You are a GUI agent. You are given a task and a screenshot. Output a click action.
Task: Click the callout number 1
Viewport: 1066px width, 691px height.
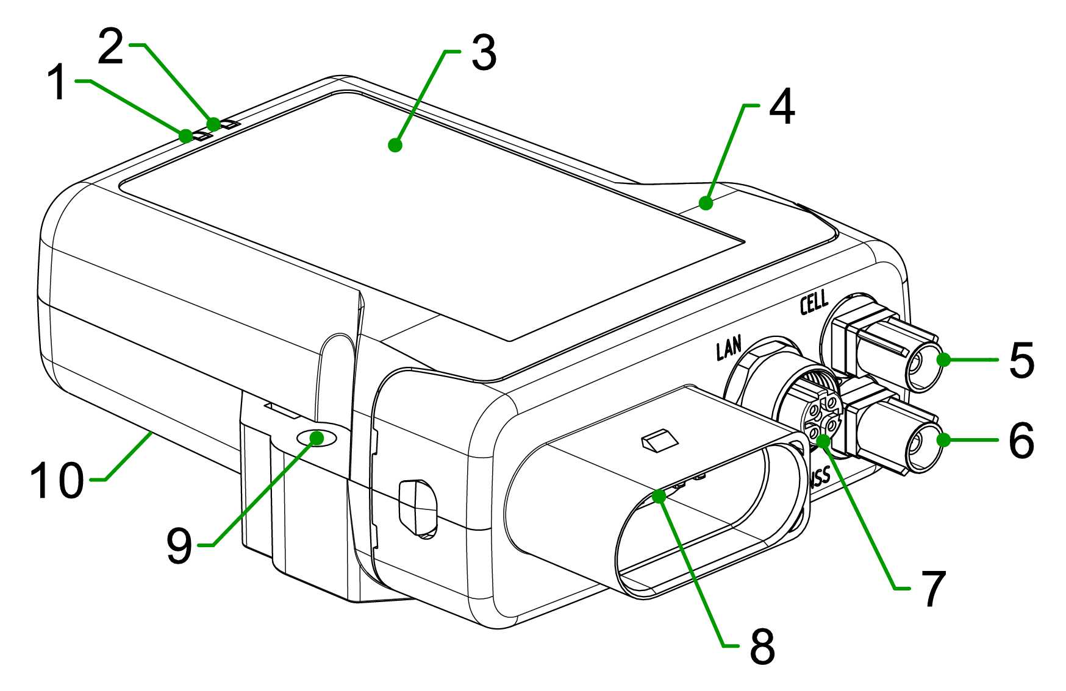[59, 83]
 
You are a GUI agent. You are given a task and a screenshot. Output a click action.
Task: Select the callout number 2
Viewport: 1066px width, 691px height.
[111, 48]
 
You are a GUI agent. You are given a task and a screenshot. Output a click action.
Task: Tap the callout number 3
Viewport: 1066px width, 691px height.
[484, 54]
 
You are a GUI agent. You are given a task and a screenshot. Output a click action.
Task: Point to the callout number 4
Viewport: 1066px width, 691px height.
[782, 107]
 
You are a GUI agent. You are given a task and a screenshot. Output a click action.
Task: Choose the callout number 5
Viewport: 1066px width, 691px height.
[1022, 361]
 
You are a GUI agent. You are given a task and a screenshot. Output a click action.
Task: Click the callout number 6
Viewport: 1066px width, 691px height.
[1022, 440]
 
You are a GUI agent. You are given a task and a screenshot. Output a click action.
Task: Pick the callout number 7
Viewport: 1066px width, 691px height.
[933, 589]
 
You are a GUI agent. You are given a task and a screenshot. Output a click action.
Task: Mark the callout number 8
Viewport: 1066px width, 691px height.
[762, 647]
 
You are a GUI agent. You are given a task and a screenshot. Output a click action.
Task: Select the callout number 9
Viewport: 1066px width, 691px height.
[179, 546]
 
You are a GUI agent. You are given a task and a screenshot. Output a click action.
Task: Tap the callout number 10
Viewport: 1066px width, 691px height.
[57, 481]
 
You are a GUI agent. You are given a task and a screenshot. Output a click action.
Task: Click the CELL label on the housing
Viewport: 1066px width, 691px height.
[815, 302]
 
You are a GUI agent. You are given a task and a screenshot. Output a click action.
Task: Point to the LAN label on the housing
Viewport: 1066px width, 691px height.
[729, 349]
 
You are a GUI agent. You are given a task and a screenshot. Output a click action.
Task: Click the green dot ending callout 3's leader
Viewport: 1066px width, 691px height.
[395, 145]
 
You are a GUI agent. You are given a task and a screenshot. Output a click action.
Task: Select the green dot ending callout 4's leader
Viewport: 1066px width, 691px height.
[706, 203]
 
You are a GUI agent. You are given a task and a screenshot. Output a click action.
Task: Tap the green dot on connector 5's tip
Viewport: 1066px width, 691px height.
[943, 360]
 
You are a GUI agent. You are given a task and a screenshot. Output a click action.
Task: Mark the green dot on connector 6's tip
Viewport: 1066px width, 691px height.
[943, 439]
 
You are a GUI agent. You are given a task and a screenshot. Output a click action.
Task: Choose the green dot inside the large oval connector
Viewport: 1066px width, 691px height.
[658, 496]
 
